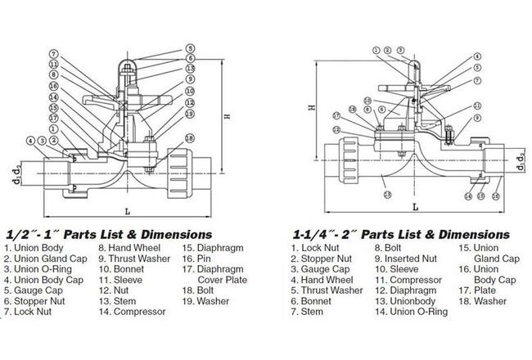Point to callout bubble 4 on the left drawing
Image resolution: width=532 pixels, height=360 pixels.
click(x=30, y=142)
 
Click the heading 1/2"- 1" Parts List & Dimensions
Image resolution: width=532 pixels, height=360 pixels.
click(x=108, y=234)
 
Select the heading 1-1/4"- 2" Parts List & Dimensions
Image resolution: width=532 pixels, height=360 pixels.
click(x=400, y=234)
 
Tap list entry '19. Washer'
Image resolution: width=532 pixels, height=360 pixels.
click(x=209, y=300)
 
